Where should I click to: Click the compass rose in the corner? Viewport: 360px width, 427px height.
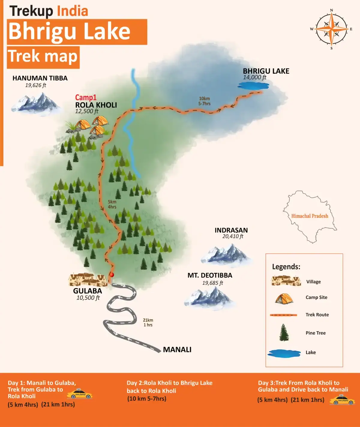[331, 29]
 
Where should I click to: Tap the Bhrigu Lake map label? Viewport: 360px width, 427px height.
[266, 71]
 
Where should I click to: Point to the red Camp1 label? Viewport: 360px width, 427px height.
[85, 98]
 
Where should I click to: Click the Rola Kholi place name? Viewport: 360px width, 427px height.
[96, 105]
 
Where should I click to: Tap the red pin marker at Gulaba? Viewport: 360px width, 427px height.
[112, 275]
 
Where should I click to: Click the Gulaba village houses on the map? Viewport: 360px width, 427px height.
[88, 280]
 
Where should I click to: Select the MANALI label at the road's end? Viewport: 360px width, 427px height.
[177, 350]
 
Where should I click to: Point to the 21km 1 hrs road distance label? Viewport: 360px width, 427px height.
[148, 323]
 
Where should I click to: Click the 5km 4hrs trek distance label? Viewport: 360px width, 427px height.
[112, 204]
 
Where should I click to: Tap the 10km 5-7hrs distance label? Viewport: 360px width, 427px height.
[204, 101]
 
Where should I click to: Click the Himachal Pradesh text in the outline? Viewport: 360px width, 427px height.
[310, 216]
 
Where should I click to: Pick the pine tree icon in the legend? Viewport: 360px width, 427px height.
[284, 333]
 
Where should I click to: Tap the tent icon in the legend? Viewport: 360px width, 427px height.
[284, 298]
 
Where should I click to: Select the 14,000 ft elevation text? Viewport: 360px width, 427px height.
[254, 77]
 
